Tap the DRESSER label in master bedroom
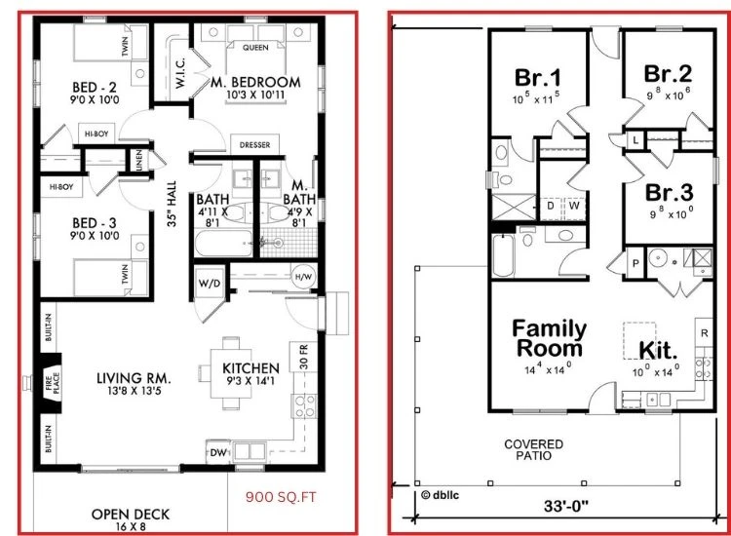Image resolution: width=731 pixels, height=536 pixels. [x=254, y=146]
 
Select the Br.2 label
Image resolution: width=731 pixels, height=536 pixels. [x=669, y=74]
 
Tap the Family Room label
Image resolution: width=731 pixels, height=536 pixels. [x=549, y=337]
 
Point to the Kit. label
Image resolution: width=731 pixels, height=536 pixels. [x=660, y=349]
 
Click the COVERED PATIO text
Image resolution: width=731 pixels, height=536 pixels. [x=533, y=449]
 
